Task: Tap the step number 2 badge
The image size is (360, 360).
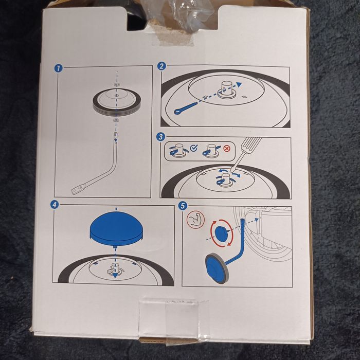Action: point(161,66)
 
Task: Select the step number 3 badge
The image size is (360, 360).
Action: point(161,137)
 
